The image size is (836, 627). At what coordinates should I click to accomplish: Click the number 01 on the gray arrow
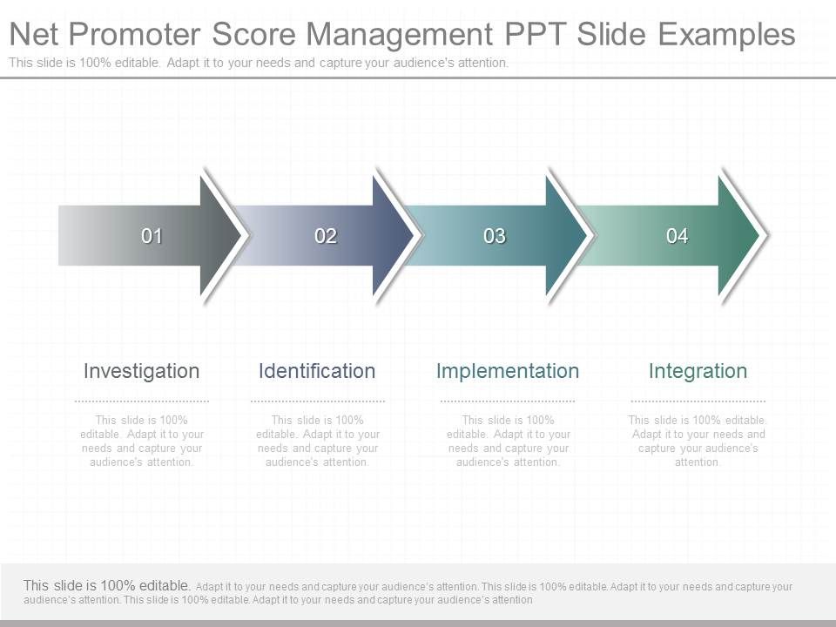point(152,236)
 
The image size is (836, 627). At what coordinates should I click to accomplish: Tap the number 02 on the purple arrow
point(326,236)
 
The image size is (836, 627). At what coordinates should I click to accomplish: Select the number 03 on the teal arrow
point(495,236)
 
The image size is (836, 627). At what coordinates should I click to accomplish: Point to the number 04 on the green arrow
point(678,236)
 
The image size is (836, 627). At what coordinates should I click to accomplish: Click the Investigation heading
point(141,371)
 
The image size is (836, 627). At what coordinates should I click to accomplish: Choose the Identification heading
point(317,371)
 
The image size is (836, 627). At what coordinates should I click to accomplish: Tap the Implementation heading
point(507,371)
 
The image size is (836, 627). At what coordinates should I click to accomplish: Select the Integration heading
point(698,371)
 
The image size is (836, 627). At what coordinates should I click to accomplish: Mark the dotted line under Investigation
point(142,401)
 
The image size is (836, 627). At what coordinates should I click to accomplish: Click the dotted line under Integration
point(698,401)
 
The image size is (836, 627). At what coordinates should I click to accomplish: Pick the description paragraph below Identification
point(318,441)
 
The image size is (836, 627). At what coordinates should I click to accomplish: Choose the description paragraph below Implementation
point(508,441)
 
